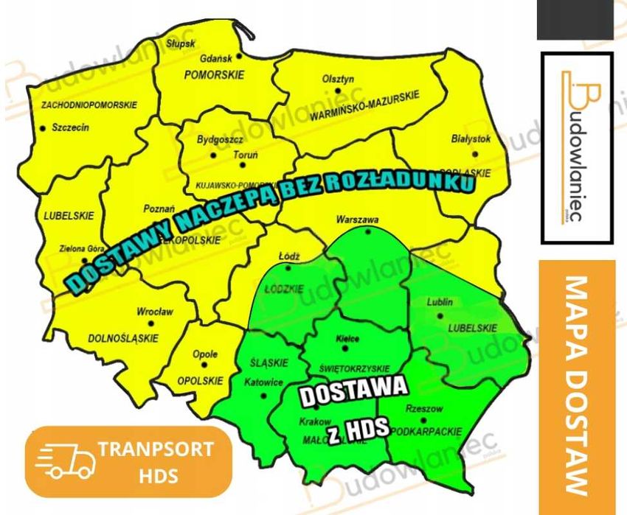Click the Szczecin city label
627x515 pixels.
70,127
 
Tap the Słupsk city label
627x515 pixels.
180,43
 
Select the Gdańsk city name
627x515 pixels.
217,57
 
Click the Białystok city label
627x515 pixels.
471,139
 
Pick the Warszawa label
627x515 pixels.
357,220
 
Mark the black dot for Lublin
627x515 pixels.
440,315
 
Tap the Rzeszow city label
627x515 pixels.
424,409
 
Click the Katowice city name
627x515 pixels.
263,382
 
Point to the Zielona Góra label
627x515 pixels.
83,248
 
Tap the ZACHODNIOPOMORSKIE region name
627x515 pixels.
89,105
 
